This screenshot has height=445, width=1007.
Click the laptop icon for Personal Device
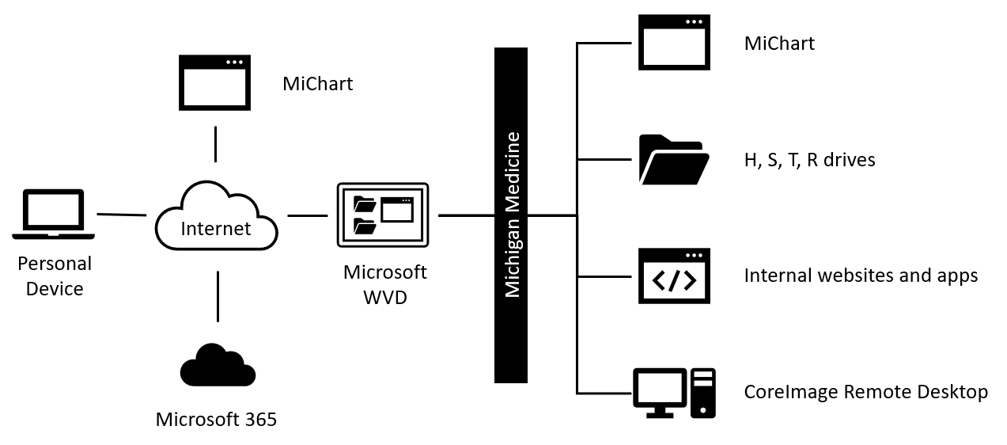coord(54,214)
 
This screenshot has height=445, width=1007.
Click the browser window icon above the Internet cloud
coord(215,82)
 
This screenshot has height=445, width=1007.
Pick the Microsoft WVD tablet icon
coord(382,215)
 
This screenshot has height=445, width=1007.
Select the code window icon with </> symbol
coord(674,276)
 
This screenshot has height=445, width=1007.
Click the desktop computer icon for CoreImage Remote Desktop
coord(674,393)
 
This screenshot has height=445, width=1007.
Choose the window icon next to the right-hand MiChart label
coord(674,43)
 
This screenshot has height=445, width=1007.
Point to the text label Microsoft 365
coord(216,419)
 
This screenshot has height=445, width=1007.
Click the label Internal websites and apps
coord(861,276)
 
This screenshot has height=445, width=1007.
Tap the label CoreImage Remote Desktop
coord(865,392)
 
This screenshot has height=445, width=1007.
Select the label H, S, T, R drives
coord(809,160)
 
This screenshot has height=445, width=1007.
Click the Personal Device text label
coord(55,276)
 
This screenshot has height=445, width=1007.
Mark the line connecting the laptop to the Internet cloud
coord(121,215)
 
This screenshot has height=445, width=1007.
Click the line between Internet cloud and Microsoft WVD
coord(307,215)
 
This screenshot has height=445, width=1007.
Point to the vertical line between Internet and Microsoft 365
coord(216,296)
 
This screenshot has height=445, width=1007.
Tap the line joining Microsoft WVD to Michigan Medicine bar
coord(466,215)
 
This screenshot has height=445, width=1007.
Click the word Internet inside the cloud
coord(216,229)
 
